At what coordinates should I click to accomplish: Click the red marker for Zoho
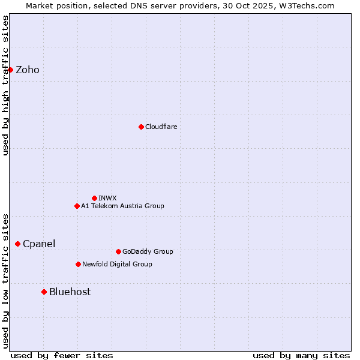coord(10,70)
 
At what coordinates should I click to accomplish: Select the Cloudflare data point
coord(141,127)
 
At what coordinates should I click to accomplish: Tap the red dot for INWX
coord(94,198)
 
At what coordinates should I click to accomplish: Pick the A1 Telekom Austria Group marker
coord(77,206)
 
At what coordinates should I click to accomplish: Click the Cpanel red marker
coord(17,244)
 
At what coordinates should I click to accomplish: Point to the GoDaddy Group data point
coord(118,251)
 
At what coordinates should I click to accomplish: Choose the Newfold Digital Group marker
coord(78,264)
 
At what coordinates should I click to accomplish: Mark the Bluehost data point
coord(44,292)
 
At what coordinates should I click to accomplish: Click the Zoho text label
coord(28,70)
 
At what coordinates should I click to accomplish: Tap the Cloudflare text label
coord(161,127)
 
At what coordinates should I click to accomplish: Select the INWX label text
coord(107,198)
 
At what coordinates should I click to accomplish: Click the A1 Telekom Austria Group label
coord(122,206)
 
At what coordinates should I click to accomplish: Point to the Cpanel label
coord(39,244)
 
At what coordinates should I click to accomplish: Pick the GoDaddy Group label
coord(148,251)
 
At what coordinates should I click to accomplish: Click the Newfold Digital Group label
coord(117,264)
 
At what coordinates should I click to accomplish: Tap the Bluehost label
coord(70,292)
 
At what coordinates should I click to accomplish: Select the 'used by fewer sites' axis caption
coord(62,355)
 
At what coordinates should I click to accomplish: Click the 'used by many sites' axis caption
coord(301,355)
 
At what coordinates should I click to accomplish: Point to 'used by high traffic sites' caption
coord(5,85)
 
